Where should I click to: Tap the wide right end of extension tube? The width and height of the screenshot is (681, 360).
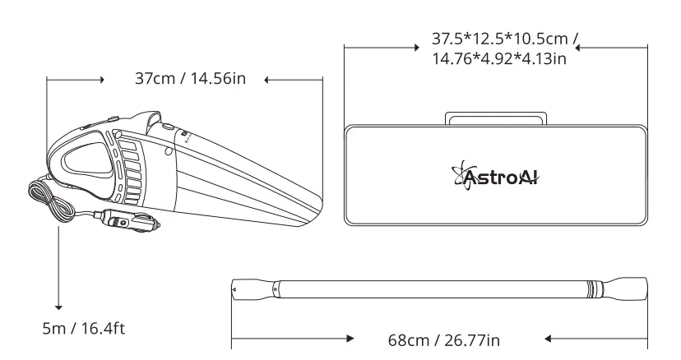(629, 290)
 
